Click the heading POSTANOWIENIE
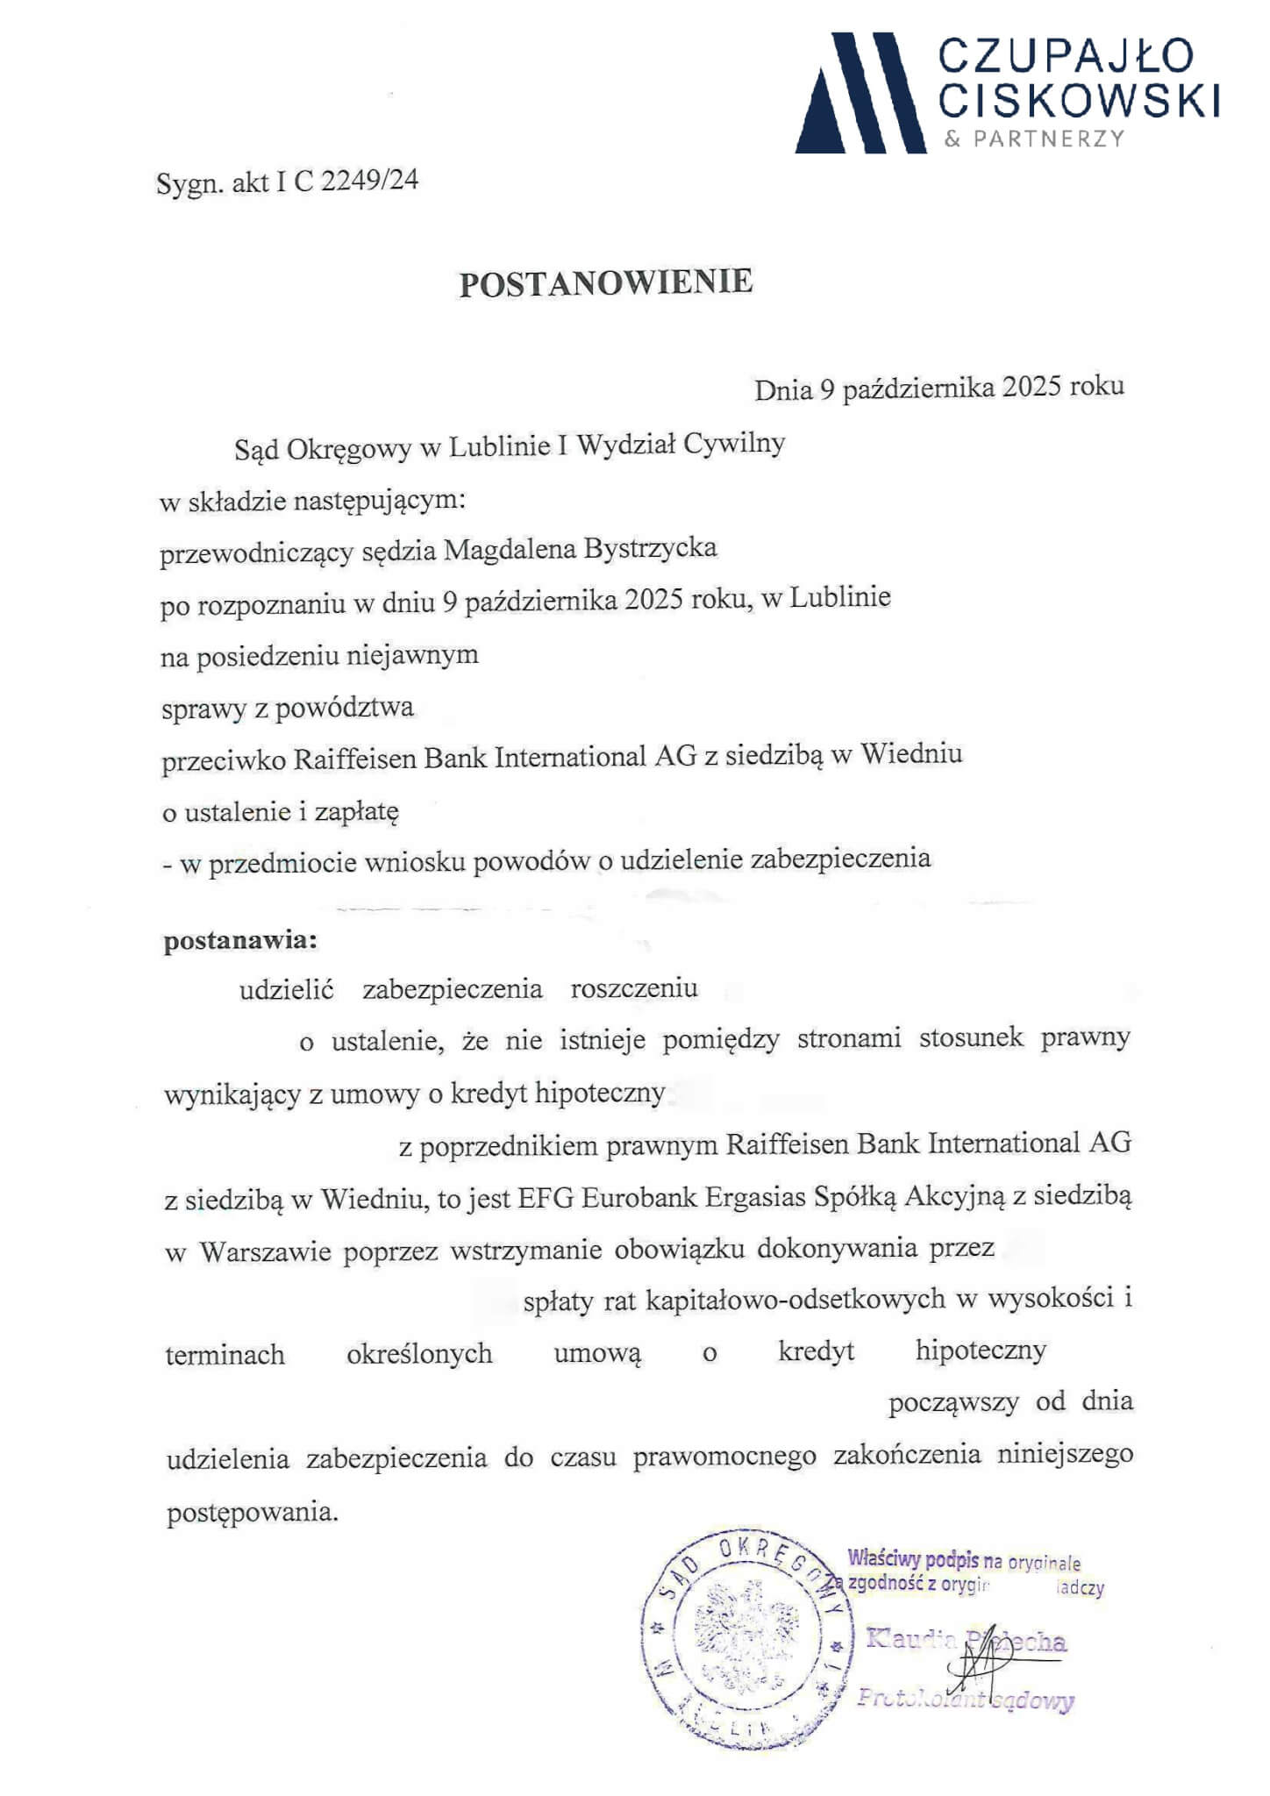(x=606, y=282)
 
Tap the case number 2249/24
(x=370, y=181)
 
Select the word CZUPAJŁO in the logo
(x=1066, y=56)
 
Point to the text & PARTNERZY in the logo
(x=1034, y=139)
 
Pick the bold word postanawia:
(x=240, y=941)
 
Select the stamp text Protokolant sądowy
(x=966, y=1700)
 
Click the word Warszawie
(x=265, y=1251)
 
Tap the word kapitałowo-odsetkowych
(x=796, y=1299)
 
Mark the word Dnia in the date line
(x=783, y=390)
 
